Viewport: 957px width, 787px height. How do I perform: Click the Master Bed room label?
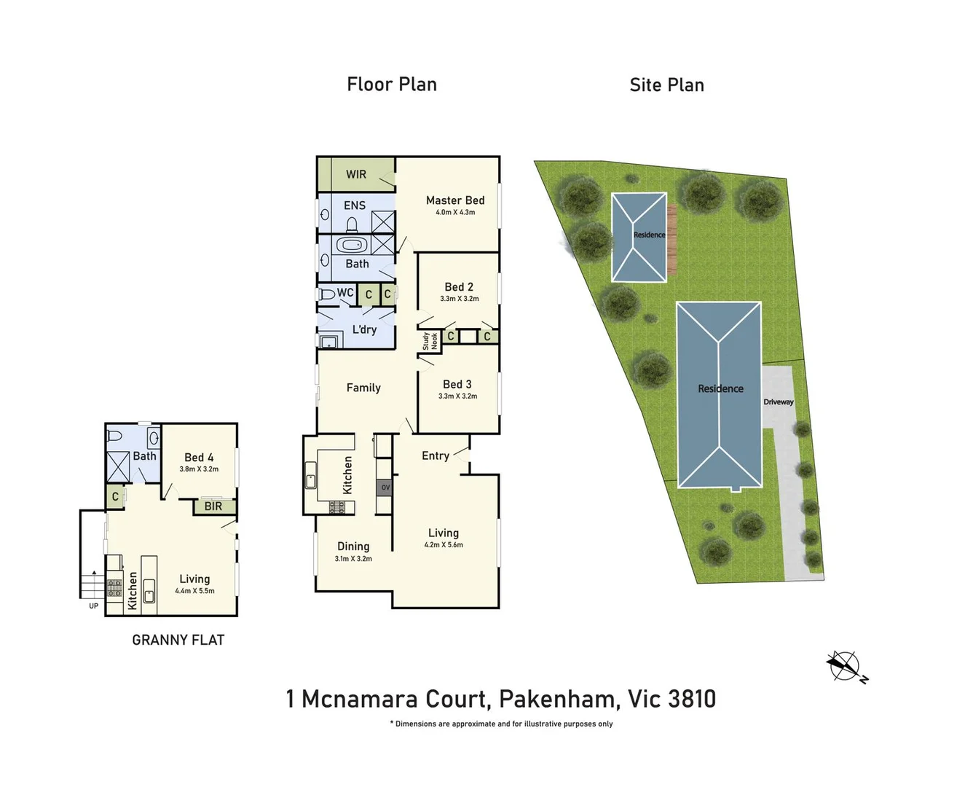tap(455, 200)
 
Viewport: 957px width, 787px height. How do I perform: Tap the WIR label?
tap(356, 174)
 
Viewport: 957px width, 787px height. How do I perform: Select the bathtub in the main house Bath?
tap(352, 246)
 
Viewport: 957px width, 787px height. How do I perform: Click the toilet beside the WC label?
tap(326, 294)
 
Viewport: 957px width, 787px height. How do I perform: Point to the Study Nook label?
tap(430, 341)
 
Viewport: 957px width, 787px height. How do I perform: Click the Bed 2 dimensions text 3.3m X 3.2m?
tap(460, 299)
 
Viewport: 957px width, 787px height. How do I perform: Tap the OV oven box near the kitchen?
tap(385, 488)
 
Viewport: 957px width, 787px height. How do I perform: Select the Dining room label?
tap(353, 547)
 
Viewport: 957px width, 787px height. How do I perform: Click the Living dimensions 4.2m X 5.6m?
tap(444, 545)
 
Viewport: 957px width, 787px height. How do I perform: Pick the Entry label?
tap(436, 456)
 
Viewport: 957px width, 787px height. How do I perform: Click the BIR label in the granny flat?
tap(213, 506)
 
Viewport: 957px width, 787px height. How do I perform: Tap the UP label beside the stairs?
tap(93, 606)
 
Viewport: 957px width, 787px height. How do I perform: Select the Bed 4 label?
tap(199, 458)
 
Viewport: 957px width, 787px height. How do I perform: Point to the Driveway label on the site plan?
tap(779, 402)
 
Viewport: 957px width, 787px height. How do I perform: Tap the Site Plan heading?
tap(666, 85)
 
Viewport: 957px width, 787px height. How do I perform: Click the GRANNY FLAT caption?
tap(178, 640)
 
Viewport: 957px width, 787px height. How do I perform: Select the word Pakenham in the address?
tap(558, 700)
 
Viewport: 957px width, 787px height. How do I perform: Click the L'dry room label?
tap(364, 329)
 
